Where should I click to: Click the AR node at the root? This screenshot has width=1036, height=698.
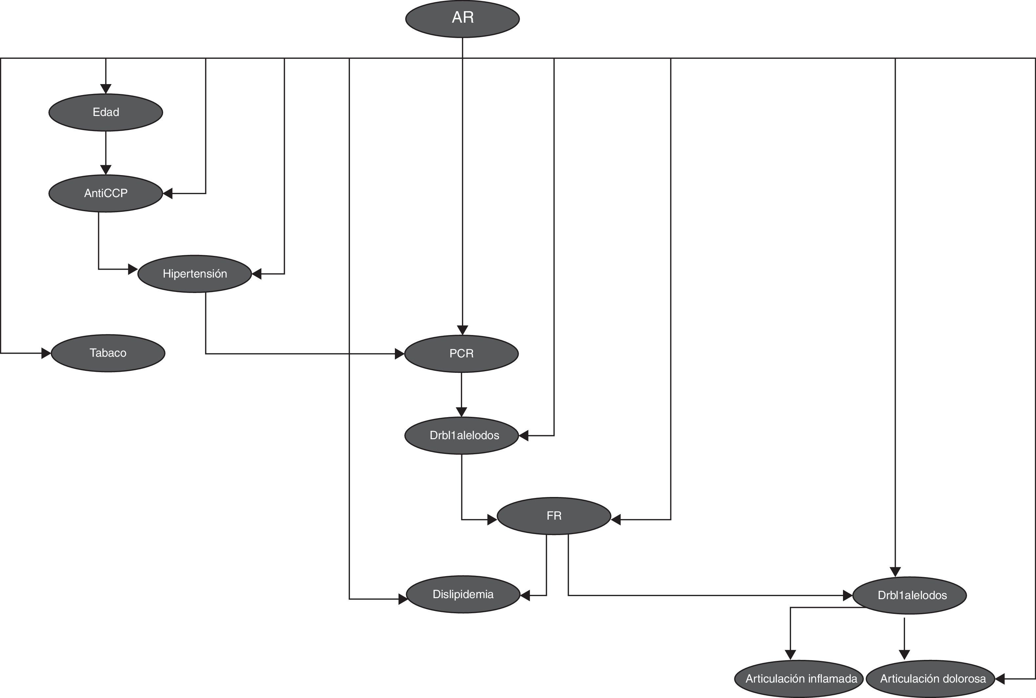click(462, 19)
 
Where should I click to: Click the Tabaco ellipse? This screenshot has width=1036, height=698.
click(108, 353)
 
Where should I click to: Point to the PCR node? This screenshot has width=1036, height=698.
click(461, 353)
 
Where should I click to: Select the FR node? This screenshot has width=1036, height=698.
click(554, 516)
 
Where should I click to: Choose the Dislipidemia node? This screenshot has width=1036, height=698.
click(463, 594)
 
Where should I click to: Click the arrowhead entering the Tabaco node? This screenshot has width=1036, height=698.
click(46, 353)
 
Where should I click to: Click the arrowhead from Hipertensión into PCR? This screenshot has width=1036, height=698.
click(399, 354)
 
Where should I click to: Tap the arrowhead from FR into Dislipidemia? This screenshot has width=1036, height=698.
click(525, 595)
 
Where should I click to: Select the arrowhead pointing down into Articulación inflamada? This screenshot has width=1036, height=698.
click(790, 654)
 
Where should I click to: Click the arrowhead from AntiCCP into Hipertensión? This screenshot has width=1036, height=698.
click(133, 269)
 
